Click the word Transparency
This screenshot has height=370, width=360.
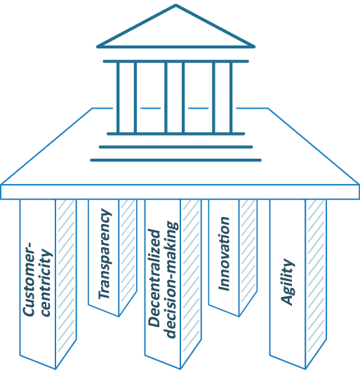tap(105, 254)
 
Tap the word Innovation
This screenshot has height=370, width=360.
tap(224, 253)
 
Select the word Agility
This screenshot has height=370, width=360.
tap(288, 282)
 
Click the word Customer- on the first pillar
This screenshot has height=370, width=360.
tap(29, 279)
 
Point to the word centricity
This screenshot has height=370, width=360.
tap(46, 282)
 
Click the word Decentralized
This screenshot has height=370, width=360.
tap(154, 277)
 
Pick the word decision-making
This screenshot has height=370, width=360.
tap(171, 280)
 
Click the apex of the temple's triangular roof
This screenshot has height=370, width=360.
tap(175, 4)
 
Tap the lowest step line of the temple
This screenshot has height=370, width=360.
tap(175, 160)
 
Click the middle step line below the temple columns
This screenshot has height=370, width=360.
tap(175, 147)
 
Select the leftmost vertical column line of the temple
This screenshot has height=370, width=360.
tap(118, 98)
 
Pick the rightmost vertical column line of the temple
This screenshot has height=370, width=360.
tap(231, 98)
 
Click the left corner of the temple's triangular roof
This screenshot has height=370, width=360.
tap(98, 47)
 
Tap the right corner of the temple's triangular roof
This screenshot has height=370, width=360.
tap(254, 47)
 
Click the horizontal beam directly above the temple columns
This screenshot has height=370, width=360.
tap(175, 61)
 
